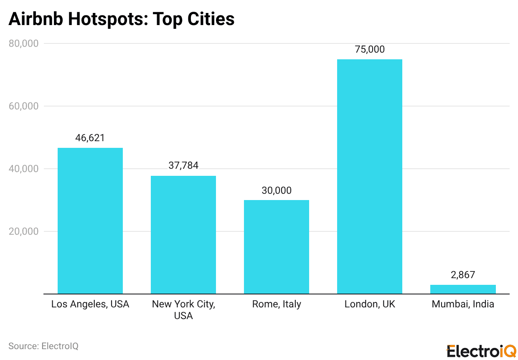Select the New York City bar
(183, 235)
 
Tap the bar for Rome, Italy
(276, 247)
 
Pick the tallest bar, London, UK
(369, 176)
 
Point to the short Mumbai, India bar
(463, 289)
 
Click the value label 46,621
(90, 138)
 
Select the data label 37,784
(183, 165)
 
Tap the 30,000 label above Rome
(276, 190)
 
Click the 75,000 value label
(369, 49)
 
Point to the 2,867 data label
(463, 275)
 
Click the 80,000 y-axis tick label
(23, 43)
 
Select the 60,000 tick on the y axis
(23, 106)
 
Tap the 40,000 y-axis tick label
(23, 169)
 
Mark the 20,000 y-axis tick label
(23, 231)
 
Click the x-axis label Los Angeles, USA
(90, 304)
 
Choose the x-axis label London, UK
(370, 304)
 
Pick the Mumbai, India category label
(463, 304)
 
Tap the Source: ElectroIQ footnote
(43, 346)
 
